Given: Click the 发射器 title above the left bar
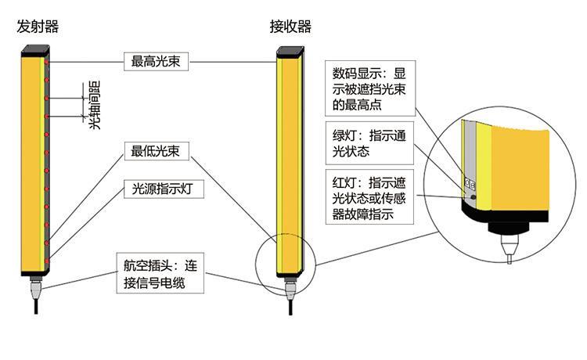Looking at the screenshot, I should pyautogui.click(x=38, y=27).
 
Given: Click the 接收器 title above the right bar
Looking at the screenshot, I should pyautogui.click(x=290, y=27).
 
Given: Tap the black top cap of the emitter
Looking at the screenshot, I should pyautogui.click(x=36, y=52).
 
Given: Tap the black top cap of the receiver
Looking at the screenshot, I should pyautogui.click(x=290, y=53).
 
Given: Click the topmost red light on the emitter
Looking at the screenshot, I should pyautogui.click(x=49, y=60).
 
